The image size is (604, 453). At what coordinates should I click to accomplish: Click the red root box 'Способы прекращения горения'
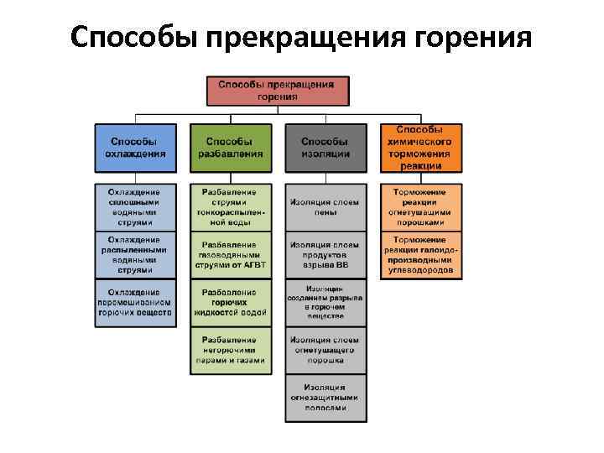click(278, 91)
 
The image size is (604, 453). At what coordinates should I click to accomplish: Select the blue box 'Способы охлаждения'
click(135, 148)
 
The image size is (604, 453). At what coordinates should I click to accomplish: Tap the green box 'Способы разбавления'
click(231, 148)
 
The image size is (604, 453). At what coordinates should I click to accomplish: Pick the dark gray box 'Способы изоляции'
click(325, 148)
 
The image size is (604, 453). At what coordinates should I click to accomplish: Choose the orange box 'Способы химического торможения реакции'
click(421, 148)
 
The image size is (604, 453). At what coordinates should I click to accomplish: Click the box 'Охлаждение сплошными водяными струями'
click(135, 207)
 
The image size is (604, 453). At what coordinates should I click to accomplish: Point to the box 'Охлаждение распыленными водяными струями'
click(135, 255)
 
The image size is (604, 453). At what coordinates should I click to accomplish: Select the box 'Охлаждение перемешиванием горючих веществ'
click(135, 304)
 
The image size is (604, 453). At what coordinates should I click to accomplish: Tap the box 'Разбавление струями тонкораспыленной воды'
click(231, 207)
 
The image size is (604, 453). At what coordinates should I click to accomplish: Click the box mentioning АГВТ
click(231, 255)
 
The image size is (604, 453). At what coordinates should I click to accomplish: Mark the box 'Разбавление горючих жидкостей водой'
click(231, 304)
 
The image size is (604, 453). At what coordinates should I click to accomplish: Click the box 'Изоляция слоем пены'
click(325, 207)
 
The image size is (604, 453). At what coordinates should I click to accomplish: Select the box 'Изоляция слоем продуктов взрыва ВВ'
click(325, 255)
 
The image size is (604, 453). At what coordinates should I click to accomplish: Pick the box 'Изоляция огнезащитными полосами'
click(325, 398)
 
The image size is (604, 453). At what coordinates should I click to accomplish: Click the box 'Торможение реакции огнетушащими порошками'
click(421, 207)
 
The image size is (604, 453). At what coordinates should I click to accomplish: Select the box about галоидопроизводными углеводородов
click(421, 255)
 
